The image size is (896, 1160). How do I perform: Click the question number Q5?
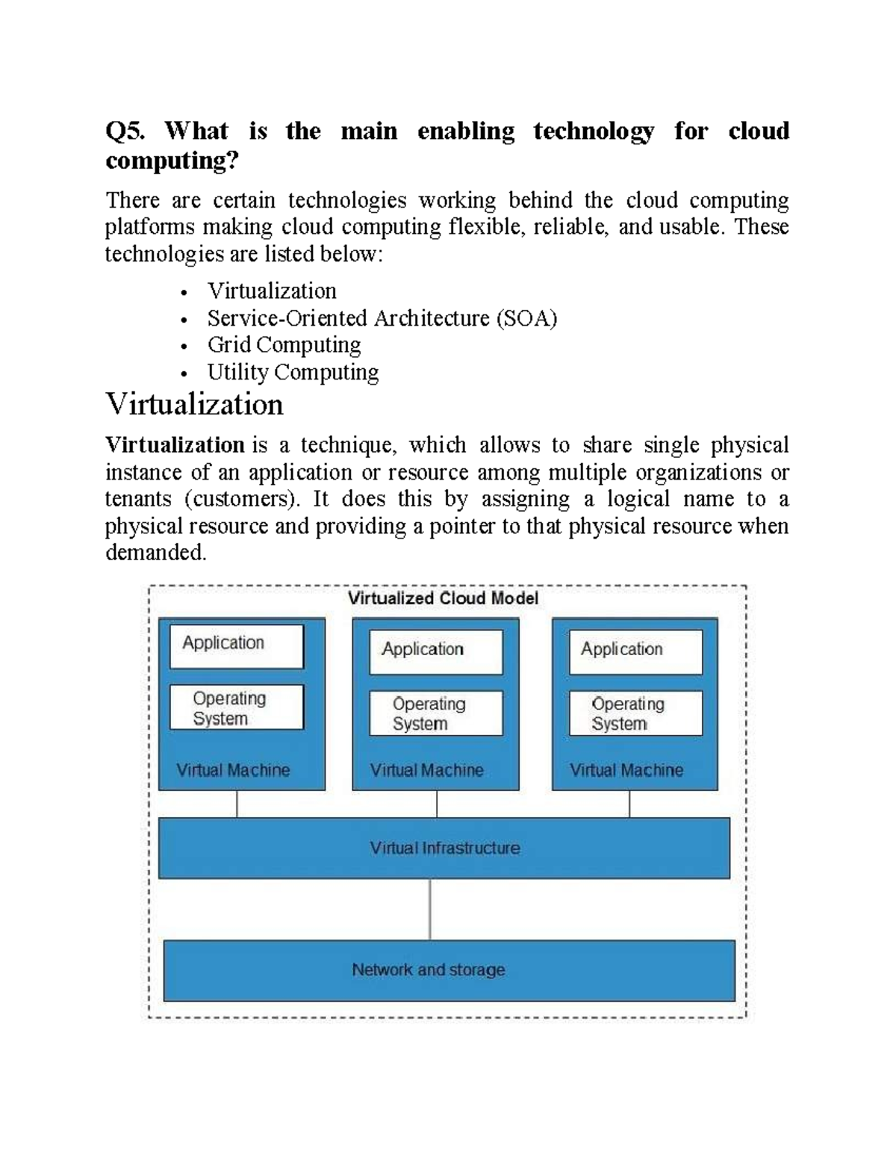click(x=125, y=131)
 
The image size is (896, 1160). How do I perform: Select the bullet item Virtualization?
click(x=272, y=291)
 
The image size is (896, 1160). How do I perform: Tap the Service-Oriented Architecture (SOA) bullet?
click(x=382, y=318)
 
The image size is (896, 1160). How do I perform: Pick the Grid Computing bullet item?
click(x=284, y=345)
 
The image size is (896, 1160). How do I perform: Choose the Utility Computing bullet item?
click(x=293, y=372)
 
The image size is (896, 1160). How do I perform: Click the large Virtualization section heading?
click(x=194, y=405)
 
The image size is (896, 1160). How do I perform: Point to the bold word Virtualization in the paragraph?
click(x=175, y=445)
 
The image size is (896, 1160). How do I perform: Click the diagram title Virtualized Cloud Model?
click(x=443, y=598)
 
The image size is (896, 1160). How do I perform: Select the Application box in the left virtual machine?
click(x=237, y=646)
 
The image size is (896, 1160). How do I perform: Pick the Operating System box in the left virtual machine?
click(x=237, y=707)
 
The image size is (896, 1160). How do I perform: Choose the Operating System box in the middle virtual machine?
click(x=436, y=713)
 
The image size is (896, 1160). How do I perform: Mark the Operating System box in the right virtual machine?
click(x=635, y=713)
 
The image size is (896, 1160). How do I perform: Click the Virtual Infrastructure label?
click(x=445, y=849)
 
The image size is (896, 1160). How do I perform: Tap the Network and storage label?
click(x=429, y=970)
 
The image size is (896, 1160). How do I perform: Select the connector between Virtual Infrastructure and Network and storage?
click(x=430, y=909)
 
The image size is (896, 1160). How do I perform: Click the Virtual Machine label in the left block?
click(x=233, y=770)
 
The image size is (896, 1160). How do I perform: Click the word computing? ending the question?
click(x=172, y=161)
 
